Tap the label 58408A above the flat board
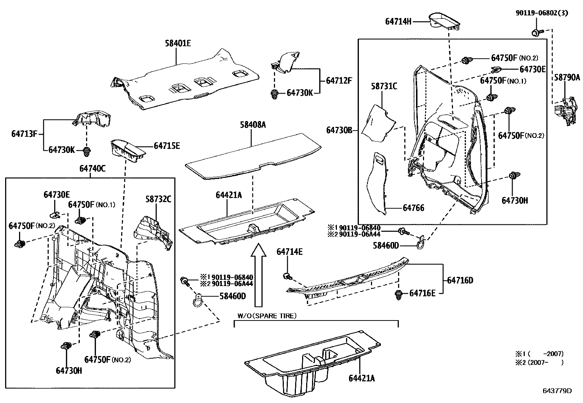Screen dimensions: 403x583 253,125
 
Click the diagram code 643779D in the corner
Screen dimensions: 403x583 557,391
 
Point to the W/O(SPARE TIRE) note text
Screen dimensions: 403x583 267,316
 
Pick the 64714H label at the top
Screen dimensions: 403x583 398,22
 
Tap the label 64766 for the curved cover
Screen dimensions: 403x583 413,208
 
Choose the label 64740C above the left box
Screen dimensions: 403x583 92,168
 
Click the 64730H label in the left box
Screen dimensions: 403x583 69,370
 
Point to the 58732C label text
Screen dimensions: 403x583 158,199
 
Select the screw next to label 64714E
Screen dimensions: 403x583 287,275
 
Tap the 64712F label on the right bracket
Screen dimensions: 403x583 336,80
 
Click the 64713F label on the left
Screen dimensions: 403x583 24,134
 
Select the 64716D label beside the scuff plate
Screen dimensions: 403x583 460,280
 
